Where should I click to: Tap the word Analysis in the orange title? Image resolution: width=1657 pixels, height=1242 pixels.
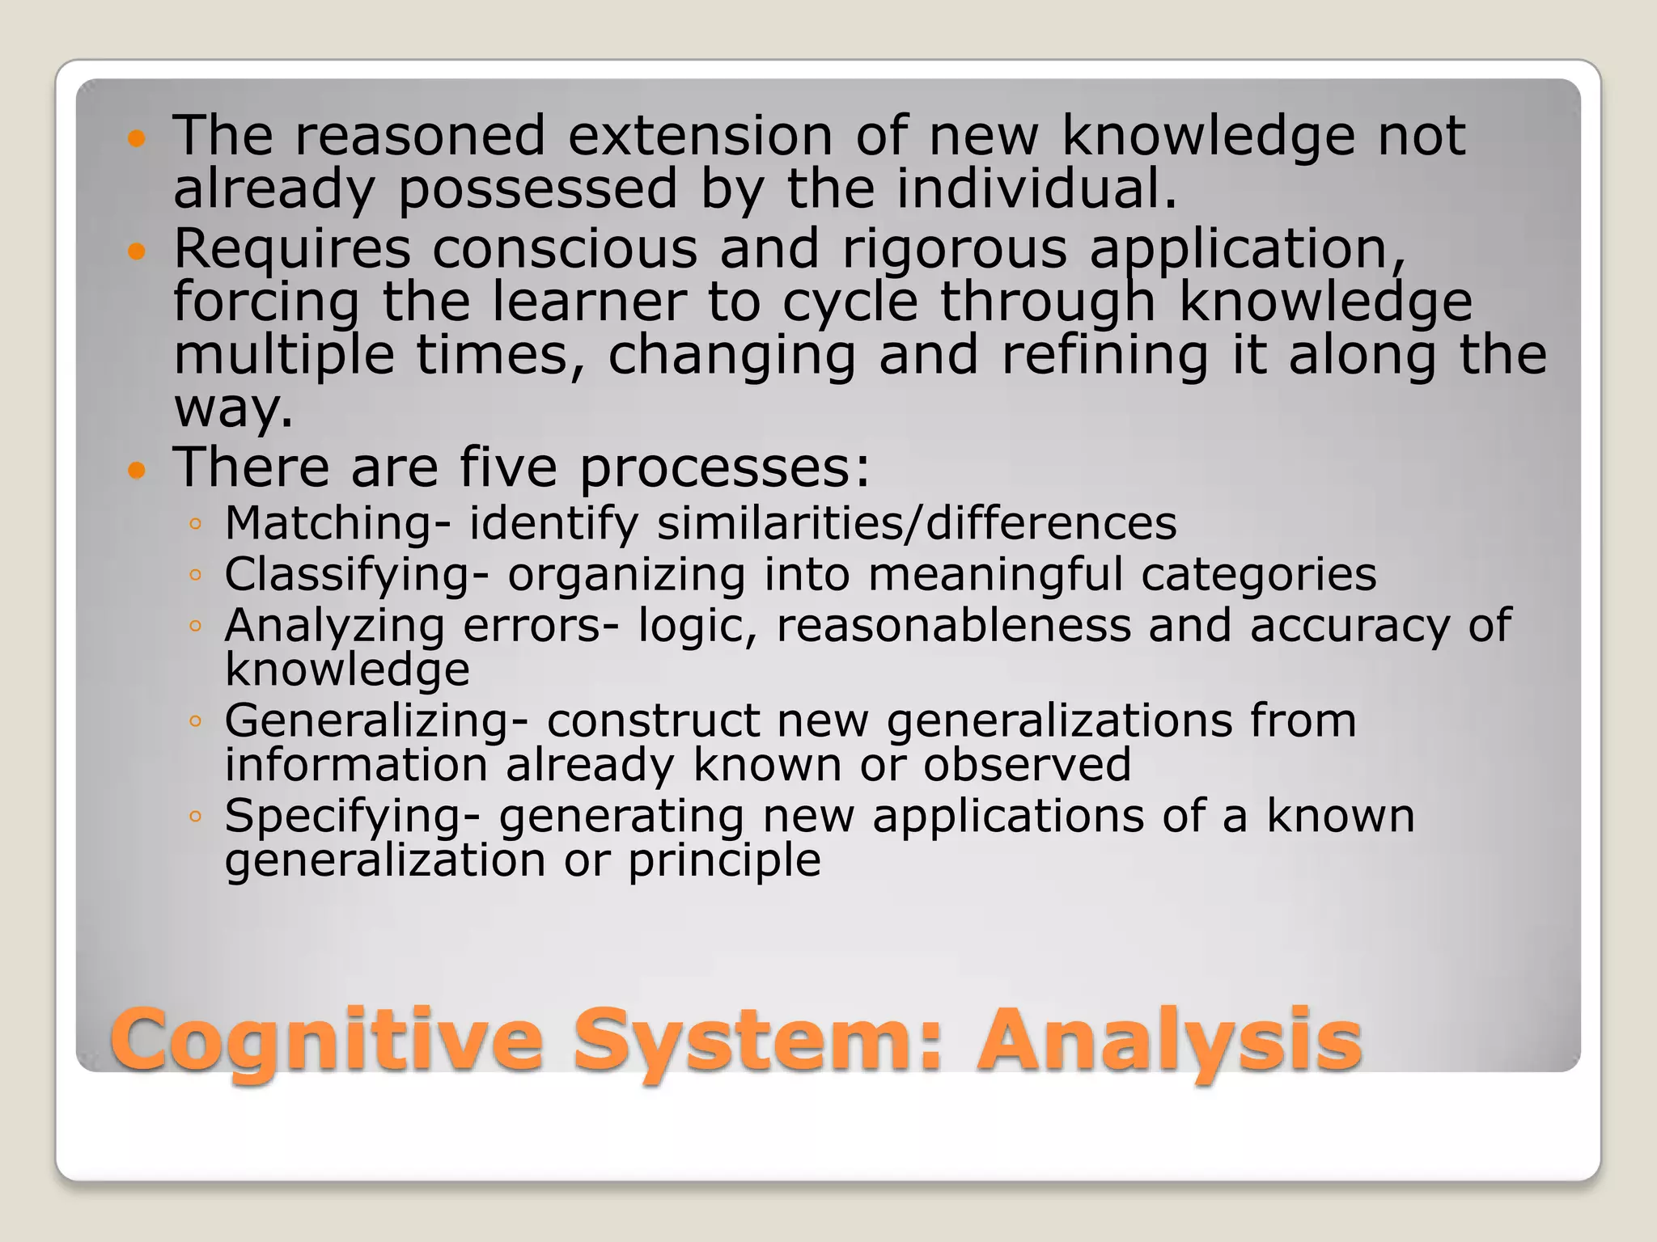tap(1169, 1040)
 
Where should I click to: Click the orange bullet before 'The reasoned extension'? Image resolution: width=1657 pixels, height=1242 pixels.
tap(136, 139)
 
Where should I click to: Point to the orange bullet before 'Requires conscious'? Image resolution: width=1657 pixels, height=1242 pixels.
tap(136, 252)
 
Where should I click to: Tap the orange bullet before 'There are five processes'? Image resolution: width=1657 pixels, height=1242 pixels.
tap(136, 471)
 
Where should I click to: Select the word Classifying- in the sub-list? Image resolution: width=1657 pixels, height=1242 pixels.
tap(357, 575)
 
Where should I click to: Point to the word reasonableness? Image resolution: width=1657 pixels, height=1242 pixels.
tap(953, 626)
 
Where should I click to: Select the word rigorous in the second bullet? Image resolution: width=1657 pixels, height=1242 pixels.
tap(955, 249)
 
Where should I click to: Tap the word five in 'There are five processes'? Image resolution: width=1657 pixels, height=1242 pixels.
tap(508, 468)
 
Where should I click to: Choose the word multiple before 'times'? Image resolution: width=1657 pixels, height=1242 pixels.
tap(284, 357)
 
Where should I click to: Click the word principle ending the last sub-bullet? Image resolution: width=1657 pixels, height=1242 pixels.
tap(724, 860)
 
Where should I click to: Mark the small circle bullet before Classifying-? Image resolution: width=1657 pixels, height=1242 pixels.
tap(194, 576)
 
